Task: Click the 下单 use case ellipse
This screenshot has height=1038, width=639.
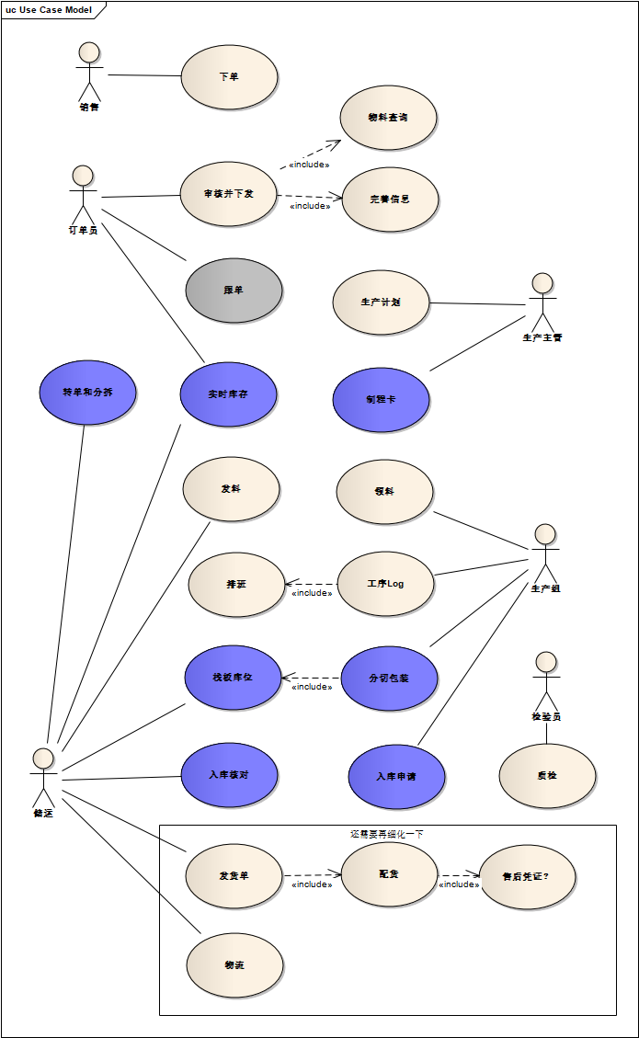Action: click(229, 77)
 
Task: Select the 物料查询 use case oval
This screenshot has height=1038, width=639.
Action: click(388, 118)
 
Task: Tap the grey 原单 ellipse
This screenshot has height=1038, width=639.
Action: click(234, 291)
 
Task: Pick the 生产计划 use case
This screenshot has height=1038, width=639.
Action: click(381, 302)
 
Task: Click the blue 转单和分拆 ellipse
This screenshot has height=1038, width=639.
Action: click(88, 393)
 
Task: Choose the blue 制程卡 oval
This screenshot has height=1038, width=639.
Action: click(381, 400)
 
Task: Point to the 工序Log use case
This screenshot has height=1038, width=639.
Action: click(385, 584)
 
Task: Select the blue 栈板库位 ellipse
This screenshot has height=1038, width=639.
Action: click(233, 678)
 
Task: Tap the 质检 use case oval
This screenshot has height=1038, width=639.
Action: click(547, 776)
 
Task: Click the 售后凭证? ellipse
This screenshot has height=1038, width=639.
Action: click(528, 877)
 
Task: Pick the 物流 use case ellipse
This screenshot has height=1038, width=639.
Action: click(234, 965)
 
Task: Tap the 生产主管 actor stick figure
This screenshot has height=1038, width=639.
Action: click(542, 302)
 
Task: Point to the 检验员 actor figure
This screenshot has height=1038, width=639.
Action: click(546, 681)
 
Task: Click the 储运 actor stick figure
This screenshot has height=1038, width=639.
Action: click(43, 778)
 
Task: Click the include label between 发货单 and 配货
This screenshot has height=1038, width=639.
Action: click(312, 884)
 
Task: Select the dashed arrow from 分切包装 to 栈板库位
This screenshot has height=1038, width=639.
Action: click(311, 678)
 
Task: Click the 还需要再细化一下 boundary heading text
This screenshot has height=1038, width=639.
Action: click(387, 834)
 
